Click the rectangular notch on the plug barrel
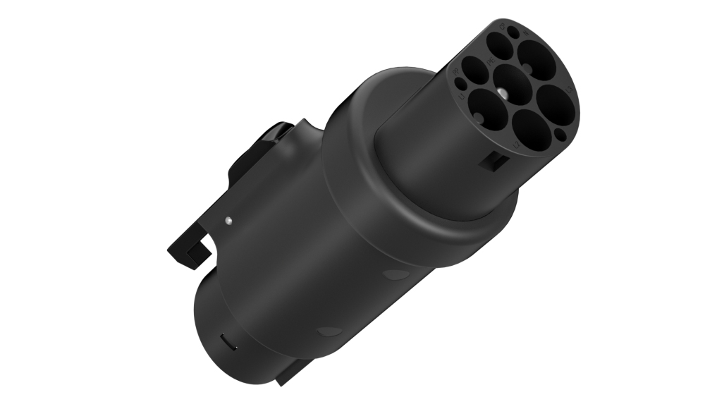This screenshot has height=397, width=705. click(x=491, y=161)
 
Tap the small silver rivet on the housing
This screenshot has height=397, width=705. click(x=228, y=221)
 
